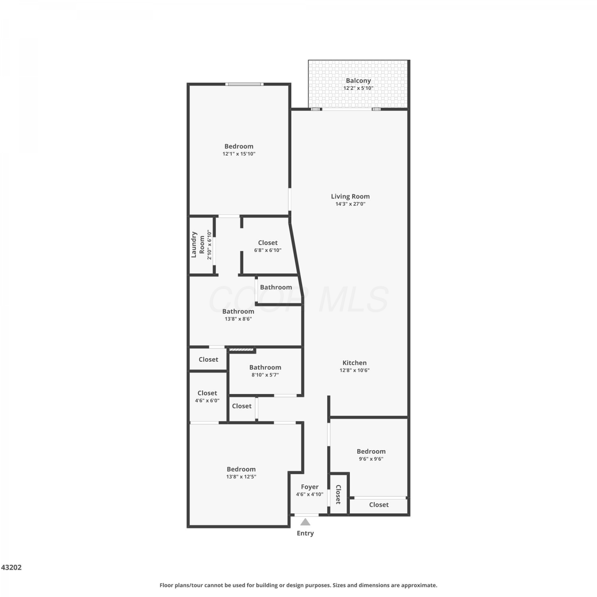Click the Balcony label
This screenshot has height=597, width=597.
click(x=358, y=81)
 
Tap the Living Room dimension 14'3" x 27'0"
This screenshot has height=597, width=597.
click(x=350, y=204)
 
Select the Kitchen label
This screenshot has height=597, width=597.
click(x=355, y=363)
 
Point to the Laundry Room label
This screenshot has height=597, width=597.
click(x=198, y=244)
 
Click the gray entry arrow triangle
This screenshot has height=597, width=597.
click(x=305, y=522)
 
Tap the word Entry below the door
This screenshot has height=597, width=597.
click(x=305, y=533)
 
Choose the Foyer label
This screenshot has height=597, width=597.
click(x=310, y=487)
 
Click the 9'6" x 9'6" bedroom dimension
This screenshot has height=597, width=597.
click(x=371, y=458)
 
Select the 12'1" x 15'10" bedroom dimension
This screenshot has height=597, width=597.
click(x=239, y=154)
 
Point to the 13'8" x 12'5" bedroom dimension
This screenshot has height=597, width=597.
click(x=241, y=476)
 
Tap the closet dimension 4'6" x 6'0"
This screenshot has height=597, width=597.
click(x=207, y=400)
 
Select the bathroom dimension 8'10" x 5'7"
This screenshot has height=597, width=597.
click(x=265, y=375)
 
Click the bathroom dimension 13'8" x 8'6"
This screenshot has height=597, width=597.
click(x=238, y=319)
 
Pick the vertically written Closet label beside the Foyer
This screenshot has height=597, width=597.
click(x=338, y=494)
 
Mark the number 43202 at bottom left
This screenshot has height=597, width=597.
click(x=12, y=567)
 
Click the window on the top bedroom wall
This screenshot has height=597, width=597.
click(x=244, y=84)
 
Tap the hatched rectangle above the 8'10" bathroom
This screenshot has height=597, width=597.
click(x=242, y=350)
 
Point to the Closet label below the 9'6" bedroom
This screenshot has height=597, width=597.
click(x=379, y=505)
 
